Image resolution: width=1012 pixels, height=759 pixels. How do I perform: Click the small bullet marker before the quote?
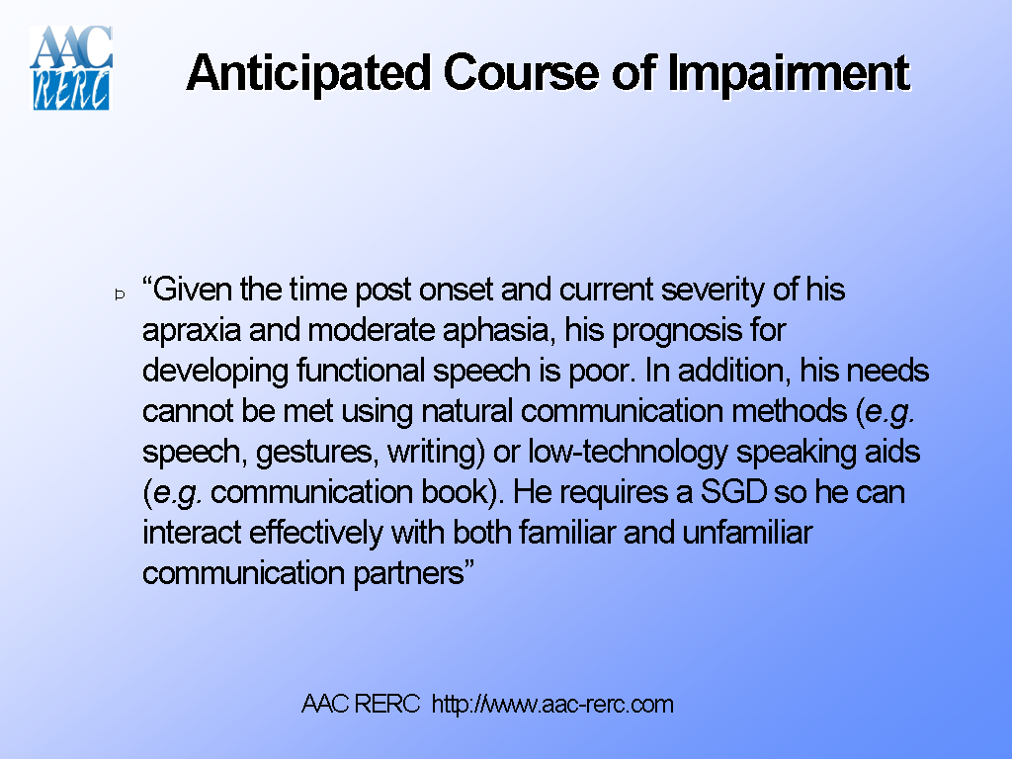(120, 294)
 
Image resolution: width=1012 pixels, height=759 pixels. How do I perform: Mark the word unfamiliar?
(747, 533)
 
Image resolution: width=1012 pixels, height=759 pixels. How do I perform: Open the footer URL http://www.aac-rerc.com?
(553, 705)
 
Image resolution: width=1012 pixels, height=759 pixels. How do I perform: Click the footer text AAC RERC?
(361, 705)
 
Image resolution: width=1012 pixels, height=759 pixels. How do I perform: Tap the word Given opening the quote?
(194, 291)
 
